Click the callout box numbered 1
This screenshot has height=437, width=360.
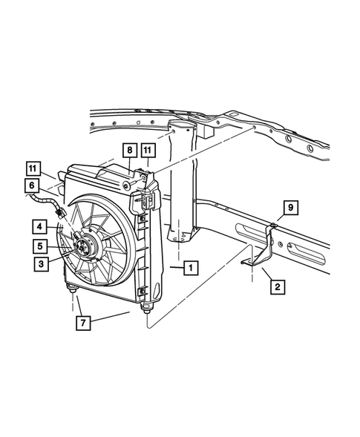pyautogui.click(x=191, y=266)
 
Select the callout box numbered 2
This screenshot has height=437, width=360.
pyautogui.click(x=276, y=285)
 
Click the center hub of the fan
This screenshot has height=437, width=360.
pyautogui.click(x=88, y=246)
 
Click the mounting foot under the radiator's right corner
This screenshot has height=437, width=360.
pyautogui.click(x=149, y=305)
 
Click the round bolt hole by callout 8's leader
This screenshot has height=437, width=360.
pyautogui.click(x=139, y=182)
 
